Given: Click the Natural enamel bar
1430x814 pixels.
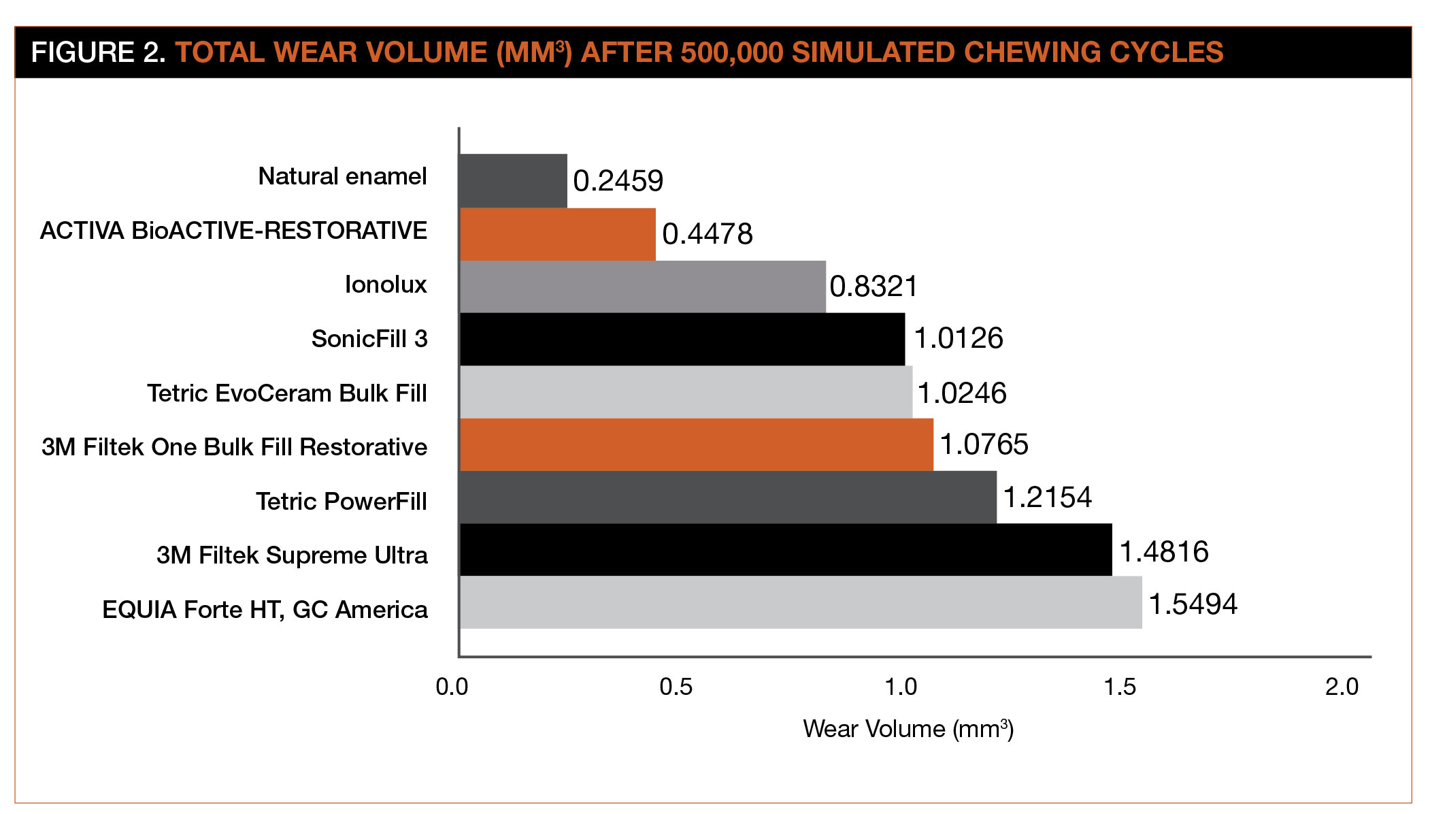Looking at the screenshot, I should click(513, 180).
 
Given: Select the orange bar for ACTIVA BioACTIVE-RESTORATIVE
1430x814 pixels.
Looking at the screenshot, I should click(557, 234).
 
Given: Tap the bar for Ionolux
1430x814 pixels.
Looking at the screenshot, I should click(642, 287).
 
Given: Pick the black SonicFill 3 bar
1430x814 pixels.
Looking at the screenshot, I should click(682, 339).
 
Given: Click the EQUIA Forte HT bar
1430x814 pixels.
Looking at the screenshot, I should click(800, 602).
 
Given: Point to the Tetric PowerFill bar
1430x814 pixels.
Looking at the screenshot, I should click(727, 497).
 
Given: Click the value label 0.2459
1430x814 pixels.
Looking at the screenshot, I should click(618, 181).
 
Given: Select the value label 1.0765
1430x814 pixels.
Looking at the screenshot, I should click(984, 445).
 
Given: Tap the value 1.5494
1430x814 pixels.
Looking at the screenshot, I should click(1193, 604).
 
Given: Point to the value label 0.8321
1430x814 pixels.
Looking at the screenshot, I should click(874, 287).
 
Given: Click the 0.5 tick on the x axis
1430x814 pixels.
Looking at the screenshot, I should click(676, 687).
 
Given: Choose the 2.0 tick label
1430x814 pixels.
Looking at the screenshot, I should click(1342, 687).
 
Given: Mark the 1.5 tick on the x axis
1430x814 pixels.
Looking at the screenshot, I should click(1119, 687).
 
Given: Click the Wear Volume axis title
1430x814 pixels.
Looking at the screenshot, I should click(908, 729).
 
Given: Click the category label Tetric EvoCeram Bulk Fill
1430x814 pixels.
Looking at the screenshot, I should click(286, 393).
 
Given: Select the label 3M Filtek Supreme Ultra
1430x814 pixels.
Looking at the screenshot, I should click(292, 555).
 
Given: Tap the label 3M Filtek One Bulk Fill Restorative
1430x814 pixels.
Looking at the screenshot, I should click(234, 447).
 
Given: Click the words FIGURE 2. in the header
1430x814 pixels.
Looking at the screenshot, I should click(98, 53).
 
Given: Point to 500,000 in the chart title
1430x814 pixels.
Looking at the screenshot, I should click(732, 53).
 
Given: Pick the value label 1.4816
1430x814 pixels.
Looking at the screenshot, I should click(1164, 552).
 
